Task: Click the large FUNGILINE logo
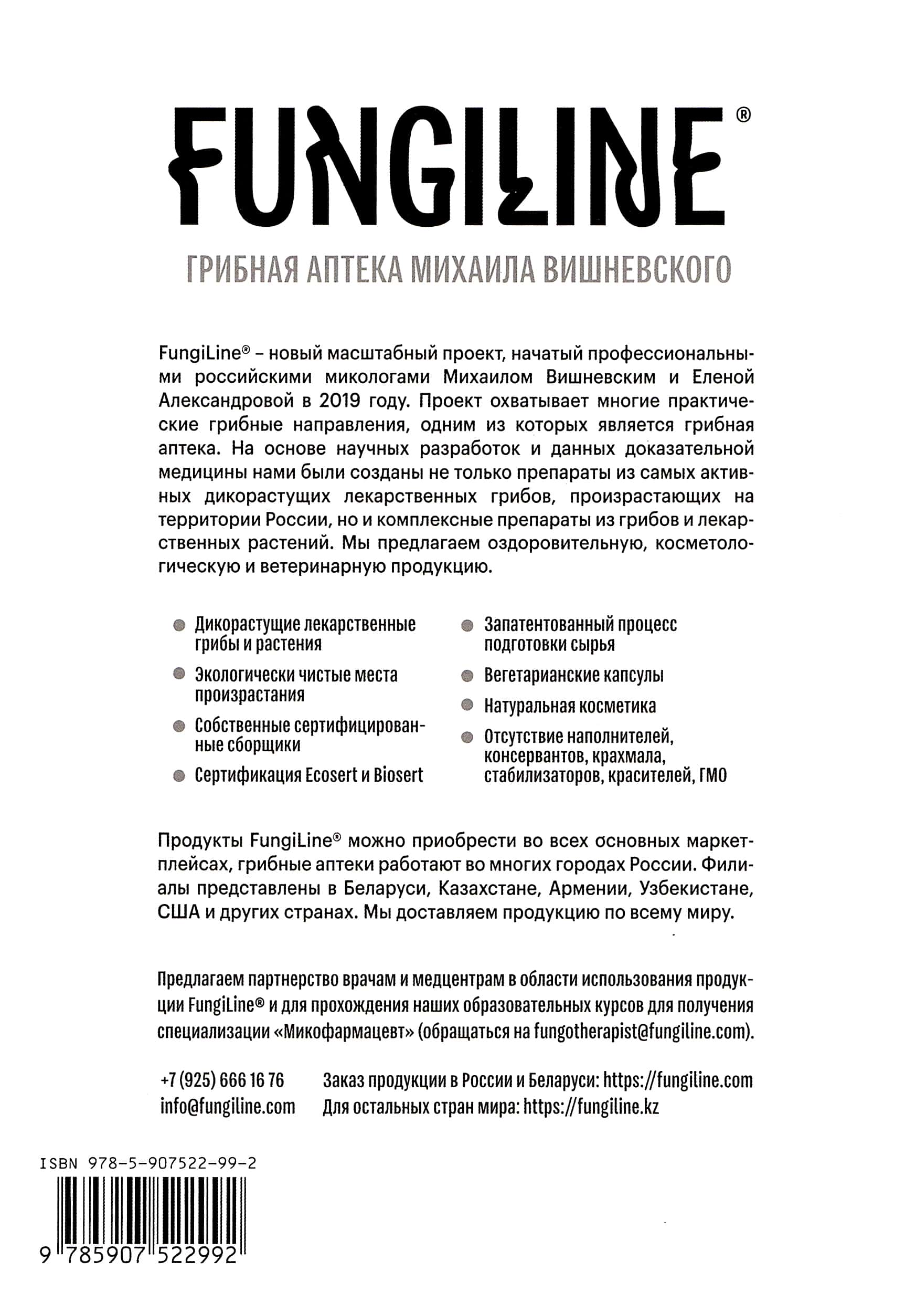[448, 168]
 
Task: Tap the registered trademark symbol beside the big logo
[743, 115]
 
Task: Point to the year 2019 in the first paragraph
[339, 401]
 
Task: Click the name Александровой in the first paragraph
[226, 401]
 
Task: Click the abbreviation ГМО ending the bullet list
[713, 775]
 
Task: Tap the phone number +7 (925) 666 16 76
[222, 1080]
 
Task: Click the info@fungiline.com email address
[228, 1107]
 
